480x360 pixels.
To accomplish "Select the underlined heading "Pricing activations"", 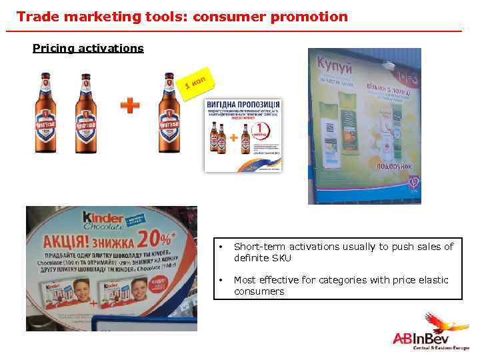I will pos(88,48).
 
